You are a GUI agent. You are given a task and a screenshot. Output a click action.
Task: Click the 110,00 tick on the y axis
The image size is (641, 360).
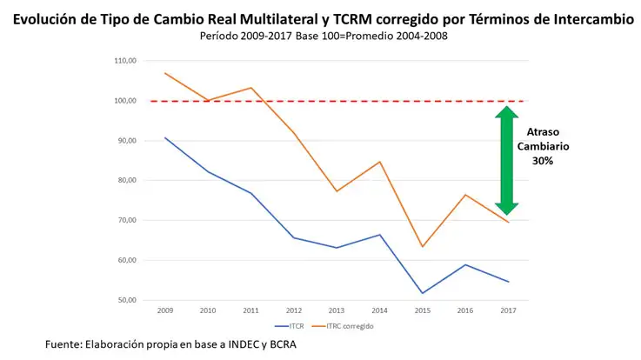pos(125,61)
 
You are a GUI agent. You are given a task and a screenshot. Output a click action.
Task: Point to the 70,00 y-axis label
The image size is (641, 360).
pos(126,220)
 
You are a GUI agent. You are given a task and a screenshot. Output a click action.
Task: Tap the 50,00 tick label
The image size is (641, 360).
pos(126,300)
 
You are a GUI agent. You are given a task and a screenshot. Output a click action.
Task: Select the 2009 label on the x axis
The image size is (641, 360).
pos(165,310)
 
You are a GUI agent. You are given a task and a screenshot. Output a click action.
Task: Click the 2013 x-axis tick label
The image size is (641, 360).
pos(337,310)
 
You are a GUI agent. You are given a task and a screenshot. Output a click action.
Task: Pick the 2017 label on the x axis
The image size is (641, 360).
pos(508,310)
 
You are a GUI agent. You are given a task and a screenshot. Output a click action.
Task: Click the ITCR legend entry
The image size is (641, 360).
pos(290,326)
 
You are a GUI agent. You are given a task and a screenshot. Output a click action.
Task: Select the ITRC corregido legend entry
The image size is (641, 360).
pos(343,326)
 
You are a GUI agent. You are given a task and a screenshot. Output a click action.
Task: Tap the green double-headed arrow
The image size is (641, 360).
pos(506,161)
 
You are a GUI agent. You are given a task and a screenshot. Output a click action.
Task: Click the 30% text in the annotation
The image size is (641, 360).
pos(543,161)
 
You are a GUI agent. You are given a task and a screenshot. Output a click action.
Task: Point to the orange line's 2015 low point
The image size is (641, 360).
pos(423,246)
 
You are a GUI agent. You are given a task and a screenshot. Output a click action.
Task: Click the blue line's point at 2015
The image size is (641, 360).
pos(423,293)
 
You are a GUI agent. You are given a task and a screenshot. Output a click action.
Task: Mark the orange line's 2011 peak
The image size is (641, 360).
pos(251,88)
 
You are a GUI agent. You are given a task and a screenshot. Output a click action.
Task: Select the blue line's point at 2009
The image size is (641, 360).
pos(165,137)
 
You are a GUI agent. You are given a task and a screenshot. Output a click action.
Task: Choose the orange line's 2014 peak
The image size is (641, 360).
pos(380,162)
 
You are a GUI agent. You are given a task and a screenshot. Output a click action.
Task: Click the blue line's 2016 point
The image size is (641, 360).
pos(465,265)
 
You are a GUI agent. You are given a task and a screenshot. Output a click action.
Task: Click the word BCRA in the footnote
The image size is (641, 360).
pos(283,344)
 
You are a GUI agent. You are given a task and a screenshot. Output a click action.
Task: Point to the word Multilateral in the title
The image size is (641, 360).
pos(279,19)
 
